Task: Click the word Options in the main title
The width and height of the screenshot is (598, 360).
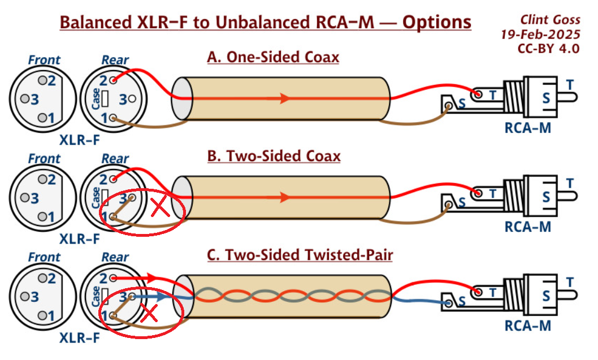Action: (437, 22)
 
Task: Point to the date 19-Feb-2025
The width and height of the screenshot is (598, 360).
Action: (540, 34)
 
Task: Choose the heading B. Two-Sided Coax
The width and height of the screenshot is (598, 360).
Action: (274, 155)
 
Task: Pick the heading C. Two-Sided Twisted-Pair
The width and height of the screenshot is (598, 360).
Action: (300, 255)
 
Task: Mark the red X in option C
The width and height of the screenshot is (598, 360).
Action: (149, 313)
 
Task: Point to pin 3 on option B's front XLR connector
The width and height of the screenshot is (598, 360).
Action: (25, 198)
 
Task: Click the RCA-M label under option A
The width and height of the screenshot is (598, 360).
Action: (527, 128)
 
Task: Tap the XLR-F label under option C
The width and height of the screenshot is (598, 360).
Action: (79, 338)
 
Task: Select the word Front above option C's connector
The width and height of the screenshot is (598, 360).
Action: (44, 257)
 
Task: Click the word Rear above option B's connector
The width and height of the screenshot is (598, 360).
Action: (115, 159)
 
